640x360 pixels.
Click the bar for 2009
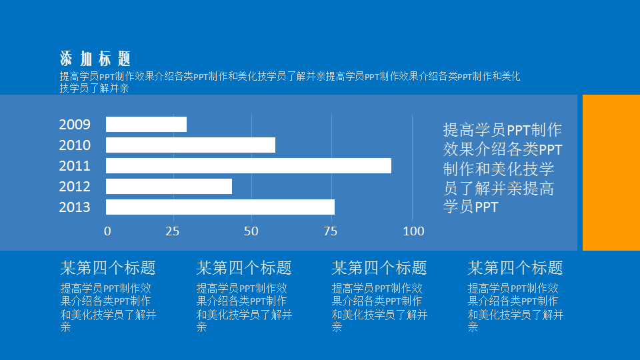146,125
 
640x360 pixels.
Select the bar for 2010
191,145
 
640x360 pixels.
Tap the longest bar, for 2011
249,166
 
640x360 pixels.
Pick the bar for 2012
169,187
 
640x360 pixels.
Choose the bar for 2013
221,207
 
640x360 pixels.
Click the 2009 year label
75,125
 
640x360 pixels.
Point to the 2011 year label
75,166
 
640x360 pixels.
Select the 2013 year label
75,207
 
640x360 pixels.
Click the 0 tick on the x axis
107,231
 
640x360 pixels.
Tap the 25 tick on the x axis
173,231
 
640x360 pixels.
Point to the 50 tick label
251,231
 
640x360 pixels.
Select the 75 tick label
331,231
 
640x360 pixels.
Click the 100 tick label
413,231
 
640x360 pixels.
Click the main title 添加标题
95,59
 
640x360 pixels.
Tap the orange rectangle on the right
611,173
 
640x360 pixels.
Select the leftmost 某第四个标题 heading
108,268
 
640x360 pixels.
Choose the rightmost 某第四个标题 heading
515,268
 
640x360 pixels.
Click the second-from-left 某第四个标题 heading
244,268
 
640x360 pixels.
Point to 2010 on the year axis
75,145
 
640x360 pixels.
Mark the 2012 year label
75,187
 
